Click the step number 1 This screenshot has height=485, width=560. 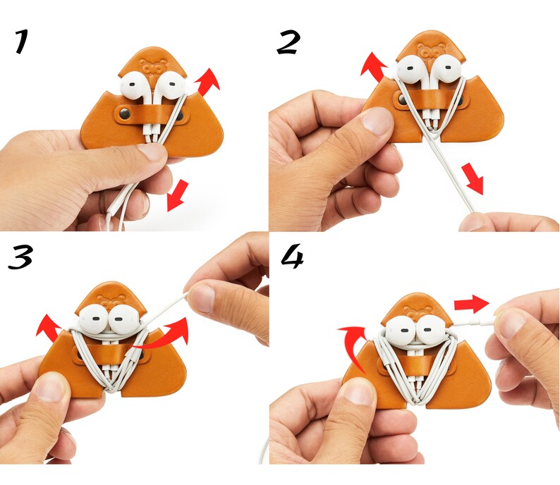pos(21,42)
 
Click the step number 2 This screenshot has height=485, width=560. pos(288,42)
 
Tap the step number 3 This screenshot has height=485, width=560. pos(20,257)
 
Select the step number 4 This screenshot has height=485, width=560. pos(293,256)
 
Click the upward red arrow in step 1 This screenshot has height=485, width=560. pos(207,82)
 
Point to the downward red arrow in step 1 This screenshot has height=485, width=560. pos(178,195)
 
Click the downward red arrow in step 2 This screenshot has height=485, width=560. pos(473,179)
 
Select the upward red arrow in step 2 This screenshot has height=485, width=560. pos(374,67)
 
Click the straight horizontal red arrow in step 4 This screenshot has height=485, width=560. pos(471,304)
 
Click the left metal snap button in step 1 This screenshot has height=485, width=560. pos(125,113)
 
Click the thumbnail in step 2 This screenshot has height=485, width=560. pos(376,121)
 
